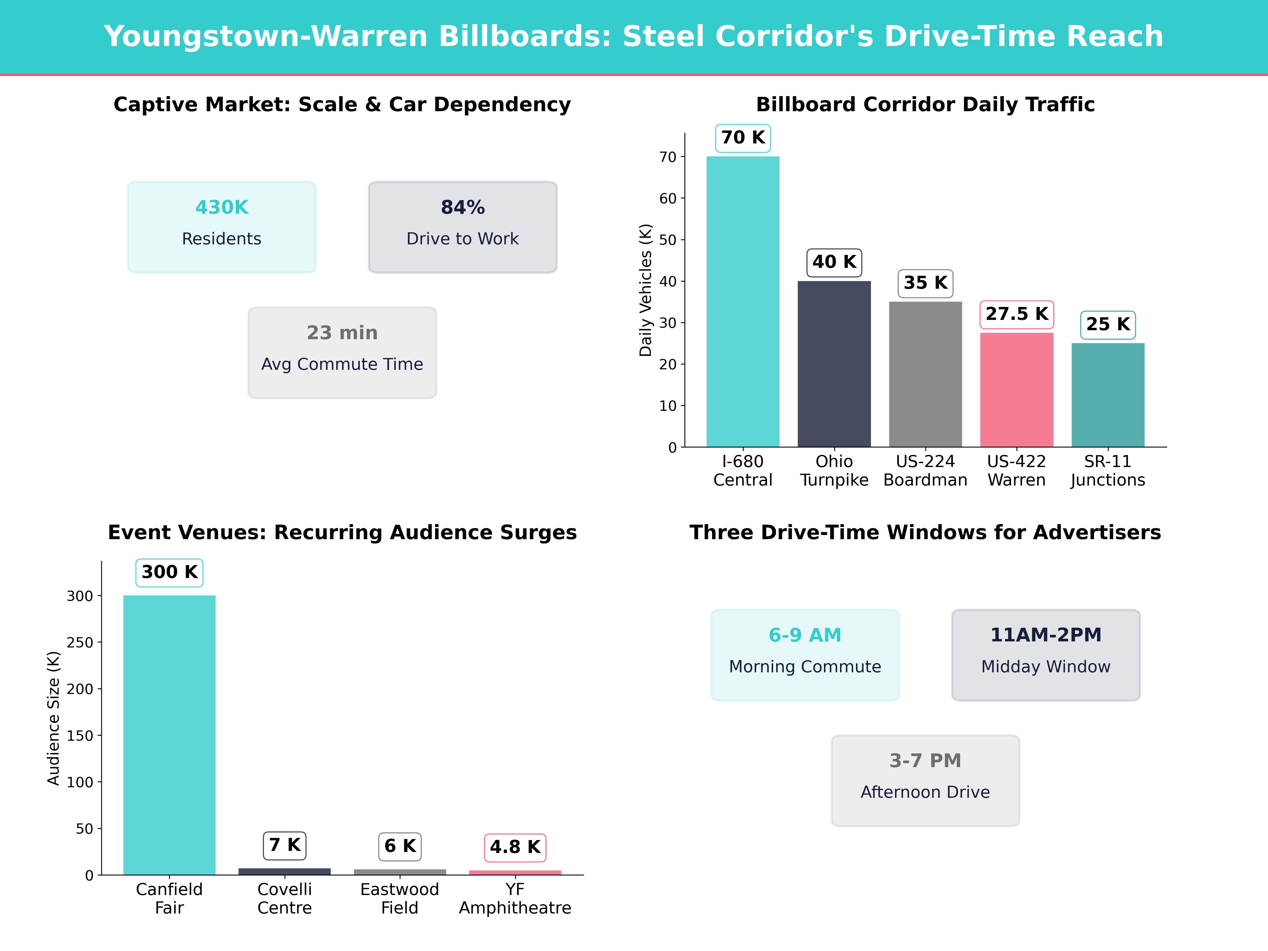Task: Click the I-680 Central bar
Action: [743, 301]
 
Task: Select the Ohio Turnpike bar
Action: [834, 364]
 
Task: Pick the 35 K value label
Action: [925, 283]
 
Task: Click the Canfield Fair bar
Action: [170, 735]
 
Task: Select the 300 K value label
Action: [170, 572]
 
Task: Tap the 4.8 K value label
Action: [515, 847]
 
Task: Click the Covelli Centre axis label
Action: [285, 898]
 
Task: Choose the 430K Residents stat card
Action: [222, 227]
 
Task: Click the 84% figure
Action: [463, 208]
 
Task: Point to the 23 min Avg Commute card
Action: [342, 353]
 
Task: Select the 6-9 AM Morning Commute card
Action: [805, 655]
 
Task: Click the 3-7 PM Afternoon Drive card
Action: [925, 780]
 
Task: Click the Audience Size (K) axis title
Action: [53, 718]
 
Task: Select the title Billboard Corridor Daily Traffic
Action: [925, 104]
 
